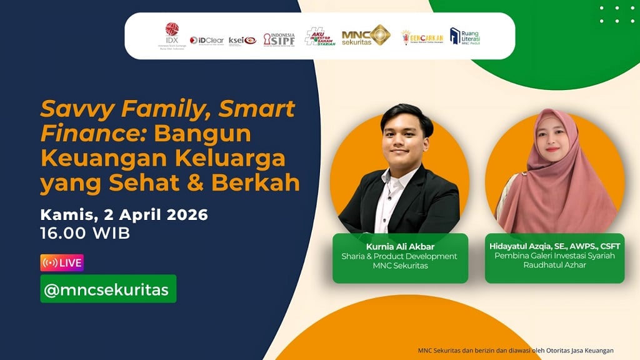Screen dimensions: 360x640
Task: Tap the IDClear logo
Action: pos(207,40)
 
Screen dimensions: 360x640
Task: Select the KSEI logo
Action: pos(242,41)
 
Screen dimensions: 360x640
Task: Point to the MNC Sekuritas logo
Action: pos(366,36)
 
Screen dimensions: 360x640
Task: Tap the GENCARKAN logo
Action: pos(422,37)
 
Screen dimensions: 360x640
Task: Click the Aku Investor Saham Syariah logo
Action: pos(320,37)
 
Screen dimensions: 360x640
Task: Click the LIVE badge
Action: pos(62,262)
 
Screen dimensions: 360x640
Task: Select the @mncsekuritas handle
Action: pos(108,289)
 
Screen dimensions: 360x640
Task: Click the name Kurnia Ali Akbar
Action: pos(399,246)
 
